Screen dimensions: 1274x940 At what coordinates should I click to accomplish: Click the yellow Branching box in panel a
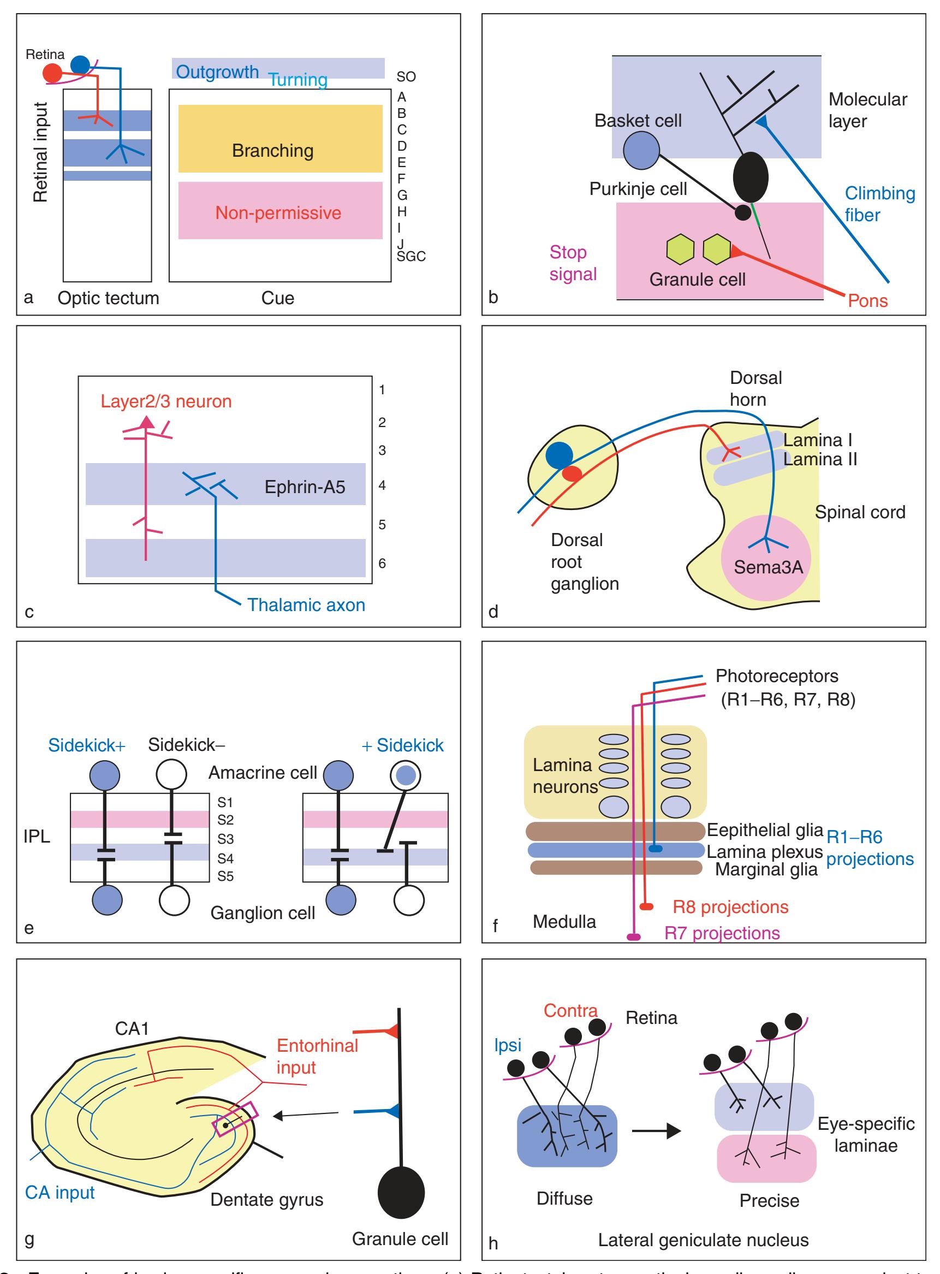[280, 138]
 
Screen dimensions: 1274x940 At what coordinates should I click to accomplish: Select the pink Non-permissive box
[280, 210]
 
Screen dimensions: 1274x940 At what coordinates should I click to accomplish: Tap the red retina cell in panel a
[53, 73]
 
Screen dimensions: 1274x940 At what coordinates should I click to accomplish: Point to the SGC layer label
[411, 257]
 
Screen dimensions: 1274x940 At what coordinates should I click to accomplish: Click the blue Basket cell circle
[641, 151]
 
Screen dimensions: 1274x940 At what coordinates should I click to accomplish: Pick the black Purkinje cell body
[751, 177]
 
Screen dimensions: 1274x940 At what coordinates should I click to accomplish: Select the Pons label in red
[867, 300]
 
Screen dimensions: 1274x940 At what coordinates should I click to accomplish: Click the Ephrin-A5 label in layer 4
[305, 487]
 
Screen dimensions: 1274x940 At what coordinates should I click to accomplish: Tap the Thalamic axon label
[306, 605]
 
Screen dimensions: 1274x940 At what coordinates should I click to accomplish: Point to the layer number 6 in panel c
[382, 564]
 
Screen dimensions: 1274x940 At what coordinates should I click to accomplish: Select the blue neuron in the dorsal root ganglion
[559, 455]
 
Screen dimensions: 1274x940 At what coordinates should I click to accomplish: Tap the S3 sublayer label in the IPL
[225, 839]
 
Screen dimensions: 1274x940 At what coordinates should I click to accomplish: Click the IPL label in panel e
[37, 836]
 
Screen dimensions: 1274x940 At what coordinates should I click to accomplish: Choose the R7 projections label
[722, 934]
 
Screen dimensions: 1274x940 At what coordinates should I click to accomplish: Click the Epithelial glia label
[765, 831]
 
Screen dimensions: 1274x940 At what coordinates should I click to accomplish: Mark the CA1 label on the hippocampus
[132, 1029]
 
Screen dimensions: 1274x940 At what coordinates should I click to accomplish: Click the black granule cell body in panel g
[401, 1194]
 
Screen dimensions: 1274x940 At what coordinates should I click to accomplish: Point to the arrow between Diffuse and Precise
[656, 1131]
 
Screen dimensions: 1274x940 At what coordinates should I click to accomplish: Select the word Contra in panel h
[570, 1010]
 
